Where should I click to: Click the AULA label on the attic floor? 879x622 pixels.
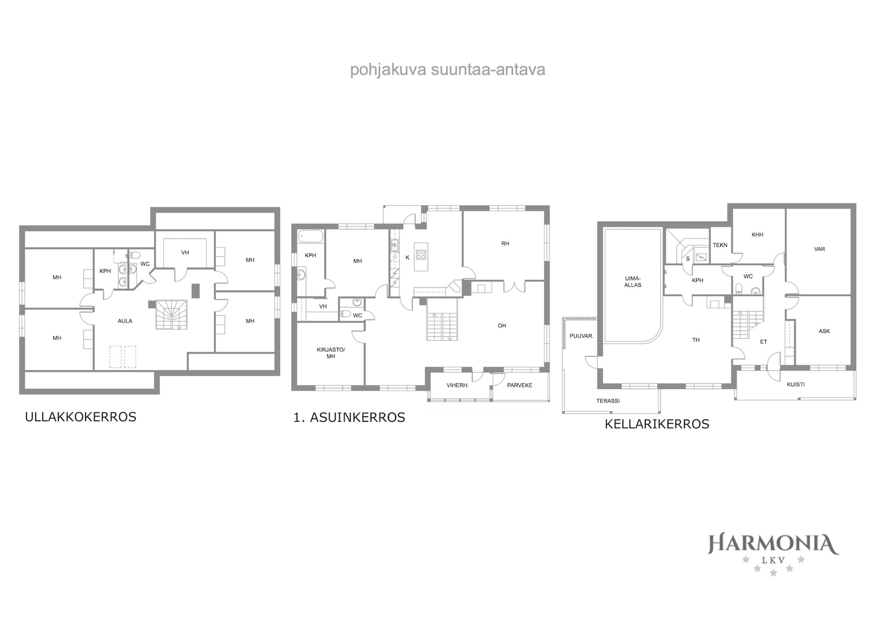pyautogui.click(x=125, y=321)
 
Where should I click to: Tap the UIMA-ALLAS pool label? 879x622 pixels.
pyautogui.click(x=632, y=282)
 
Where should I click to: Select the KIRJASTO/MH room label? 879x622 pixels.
pyautogui.click(x=331, y=353)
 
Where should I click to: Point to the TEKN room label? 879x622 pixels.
pyautogui.click(x=720, y=245)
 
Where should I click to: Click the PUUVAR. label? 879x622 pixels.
pyautogui.click(x=582, y=336)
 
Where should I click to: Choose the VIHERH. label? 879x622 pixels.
pyautogui.click(x=458, y=386)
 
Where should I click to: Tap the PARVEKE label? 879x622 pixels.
pyautogui.click(x=520, y=386)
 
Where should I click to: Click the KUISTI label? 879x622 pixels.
pyautogui.click(x=796, y=384)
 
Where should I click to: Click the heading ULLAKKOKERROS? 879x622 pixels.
pyautogui.click(x=80, y=417)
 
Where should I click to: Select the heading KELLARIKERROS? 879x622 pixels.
pyautogui.click(x=657, y=425)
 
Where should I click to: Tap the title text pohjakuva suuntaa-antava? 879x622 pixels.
pyautogui.click(x=447, y=70)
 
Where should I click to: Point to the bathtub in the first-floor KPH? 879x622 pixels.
pyautogui.click(x=311, y=236)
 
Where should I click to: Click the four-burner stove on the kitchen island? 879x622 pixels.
pyautogui.click(x=421, y=255)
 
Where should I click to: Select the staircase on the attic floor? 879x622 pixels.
pyautogui.click(x=171, y=315)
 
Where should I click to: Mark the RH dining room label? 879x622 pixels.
pyautogui.click(x=505, y=244)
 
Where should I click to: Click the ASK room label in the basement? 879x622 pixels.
pyautogui.click(x=824, y=331)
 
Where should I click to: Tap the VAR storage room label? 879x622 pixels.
pyautogui.click(x=819, y=249)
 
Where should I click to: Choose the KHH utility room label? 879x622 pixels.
pyautogui.click(x=758, y=235)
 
